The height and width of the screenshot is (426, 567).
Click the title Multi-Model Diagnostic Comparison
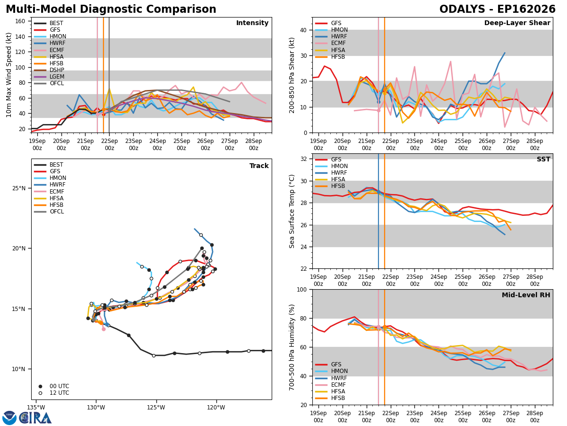[111, 9]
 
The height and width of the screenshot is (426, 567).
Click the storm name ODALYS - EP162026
[497, 9]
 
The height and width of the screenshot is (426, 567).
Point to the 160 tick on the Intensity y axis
[20, 21]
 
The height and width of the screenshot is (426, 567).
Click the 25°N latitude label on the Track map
[19, 188]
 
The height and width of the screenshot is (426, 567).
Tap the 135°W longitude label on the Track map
[36, 408]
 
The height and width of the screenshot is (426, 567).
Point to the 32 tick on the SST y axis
[304, 159]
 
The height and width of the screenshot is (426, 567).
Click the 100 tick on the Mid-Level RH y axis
[302, 290]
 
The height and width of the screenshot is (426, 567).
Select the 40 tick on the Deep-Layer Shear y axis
[304, 30]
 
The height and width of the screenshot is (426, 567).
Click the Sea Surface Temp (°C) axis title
[292, 211]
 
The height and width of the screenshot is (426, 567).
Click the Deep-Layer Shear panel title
[517, 23]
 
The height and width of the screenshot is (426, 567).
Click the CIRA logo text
[35, 417]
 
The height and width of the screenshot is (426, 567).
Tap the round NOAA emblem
[9, 417]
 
